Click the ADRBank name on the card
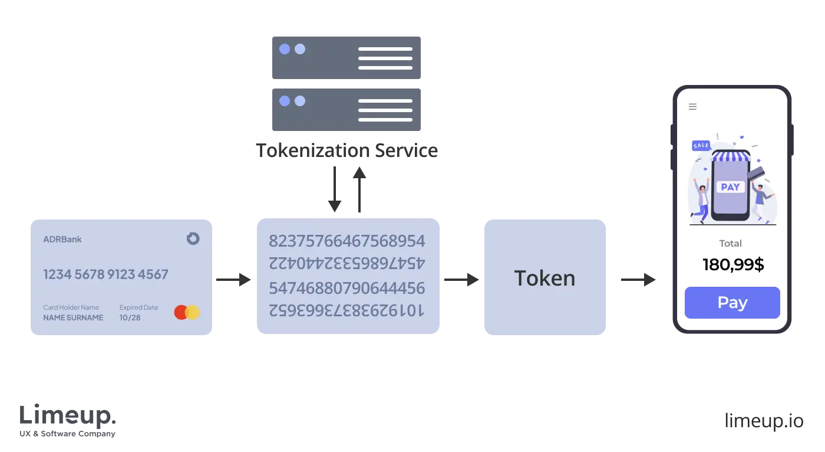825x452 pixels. point(62,240)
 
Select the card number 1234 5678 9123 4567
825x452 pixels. point(105,274)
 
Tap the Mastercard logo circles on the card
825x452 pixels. point(187,312)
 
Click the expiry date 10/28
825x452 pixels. point(130,317)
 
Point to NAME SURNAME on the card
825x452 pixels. point(73,317)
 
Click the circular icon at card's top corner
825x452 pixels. point(193,238)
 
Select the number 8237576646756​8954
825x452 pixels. point(346,241)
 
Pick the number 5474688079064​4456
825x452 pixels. point(346,288)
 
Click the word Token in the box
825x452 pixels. point(544,279)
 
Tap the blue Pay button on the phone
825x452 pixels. point(732,303)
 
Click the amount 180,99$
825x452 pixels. point(733,265)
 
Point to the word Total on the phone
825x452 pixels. point(730,243)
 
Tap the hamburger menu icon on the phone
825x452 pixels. point(693,107)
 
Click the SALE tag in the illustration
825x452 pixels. point(701,145)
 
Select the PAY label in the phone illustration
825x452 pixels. point(730,187)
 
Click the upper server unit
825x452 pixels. point(346,57)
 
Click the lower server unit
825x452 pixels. point(346,108)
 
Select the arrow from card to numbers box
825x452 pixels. point(233,280)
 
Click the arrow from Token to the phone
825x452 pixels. point(638,280)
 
